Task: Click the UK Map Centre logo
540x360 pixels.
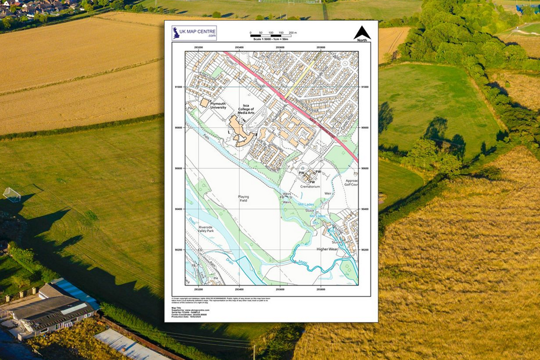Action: click(194, 33)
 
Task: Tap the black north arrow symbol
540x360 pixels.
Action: click(362, 33)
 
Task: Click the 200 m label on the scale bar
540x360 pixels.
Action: click(292, 32)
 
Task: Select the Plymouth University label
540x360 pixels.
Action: click(218, 105)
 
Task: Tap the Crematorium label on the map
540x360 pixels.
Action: click(310, 186)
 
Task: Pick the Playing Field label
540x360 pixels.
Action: click(243, 198)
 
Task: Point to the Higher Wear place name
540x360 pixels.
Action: click(327, 249)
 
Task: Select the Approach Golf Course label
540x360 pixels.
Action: click(351, 182)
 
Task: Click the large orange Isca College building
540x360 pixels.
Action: click(239, 130)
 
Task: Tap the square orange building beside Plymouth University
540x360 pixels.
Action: click(204, 102)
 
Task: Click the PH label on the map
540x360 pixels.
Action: click(215, 278)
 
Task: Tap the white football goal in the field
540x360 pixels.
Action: click(11, 194)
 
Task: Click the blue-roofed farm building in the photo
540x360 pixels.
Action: click(75, 292)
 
